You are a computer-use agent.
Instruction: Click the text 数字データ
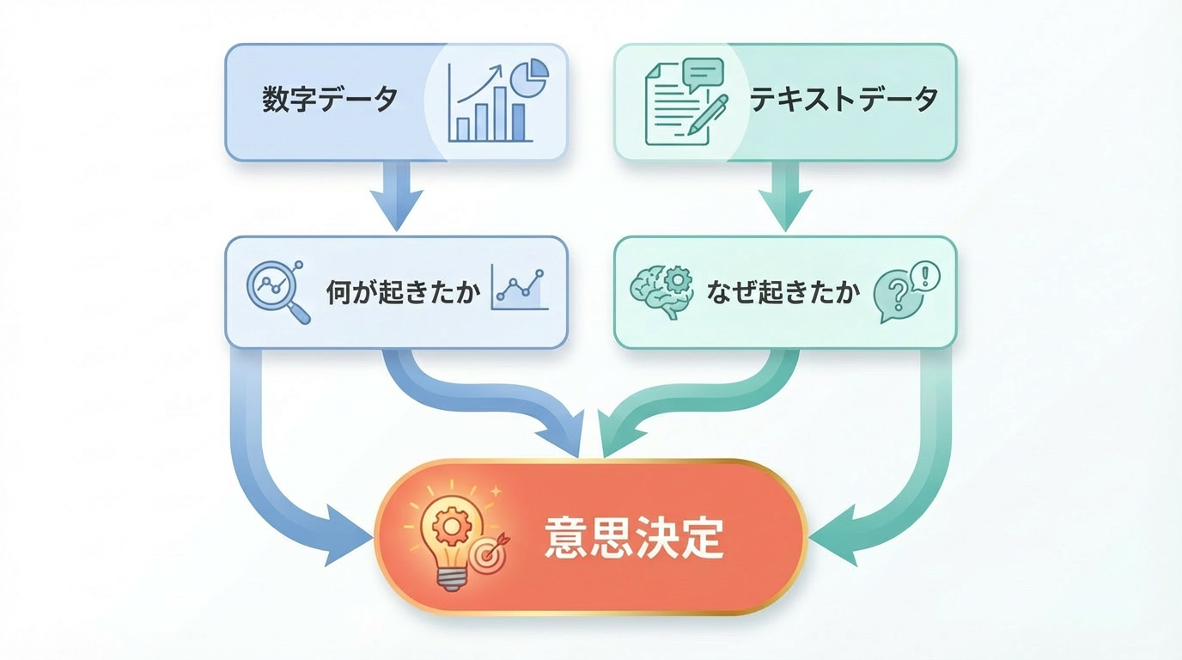pos(330,101)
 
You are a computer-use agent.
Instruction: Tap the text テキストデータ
pos(844,101)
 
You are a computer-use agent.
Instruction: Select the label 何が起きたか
pos(402,293)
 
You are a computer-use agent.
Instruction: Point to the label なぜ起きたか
pos(783,293)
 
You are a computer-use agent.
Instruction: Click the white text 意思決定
pos(634,538)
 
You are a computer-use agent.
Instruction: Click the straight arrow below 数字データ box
pos(396,196)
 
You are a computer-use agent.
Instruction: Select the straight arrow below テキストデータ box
pos(785,196)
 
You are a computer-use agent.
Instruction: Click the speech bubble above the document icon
pos(703,74)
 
